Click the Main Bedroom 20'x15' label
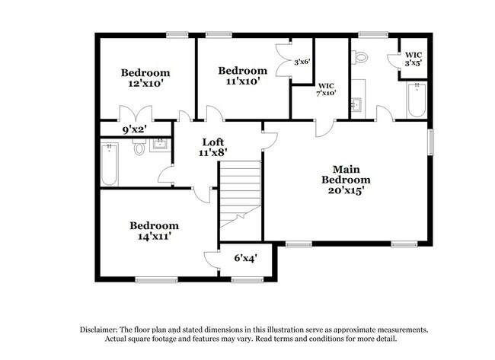(346, 180)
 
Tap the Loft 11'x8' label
(213, 148)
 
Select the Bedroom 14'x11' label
(155, 231)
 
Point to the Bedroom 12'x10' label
(145, 78)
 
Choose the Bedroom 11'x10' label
(243, 75)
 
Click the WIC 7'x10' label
(326, 89)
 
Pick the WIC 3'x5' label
(414, 59)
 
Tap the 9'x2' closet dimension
(135, 129)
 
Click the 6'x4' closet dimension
(246, 259)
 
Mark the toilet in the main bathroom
(359, 57)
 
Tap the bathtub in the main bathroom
(417, 100)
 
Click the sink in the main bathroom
(359, 104)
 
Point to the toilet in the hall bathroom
(139, 147)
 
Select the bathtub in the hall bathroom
(109, 164)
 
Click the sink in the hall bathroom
(160, 144)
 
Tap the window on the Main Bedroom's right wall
(431, 142)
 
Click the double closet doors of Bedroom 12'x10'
(136, 113)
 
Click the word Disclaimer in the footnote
(99, 330)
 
